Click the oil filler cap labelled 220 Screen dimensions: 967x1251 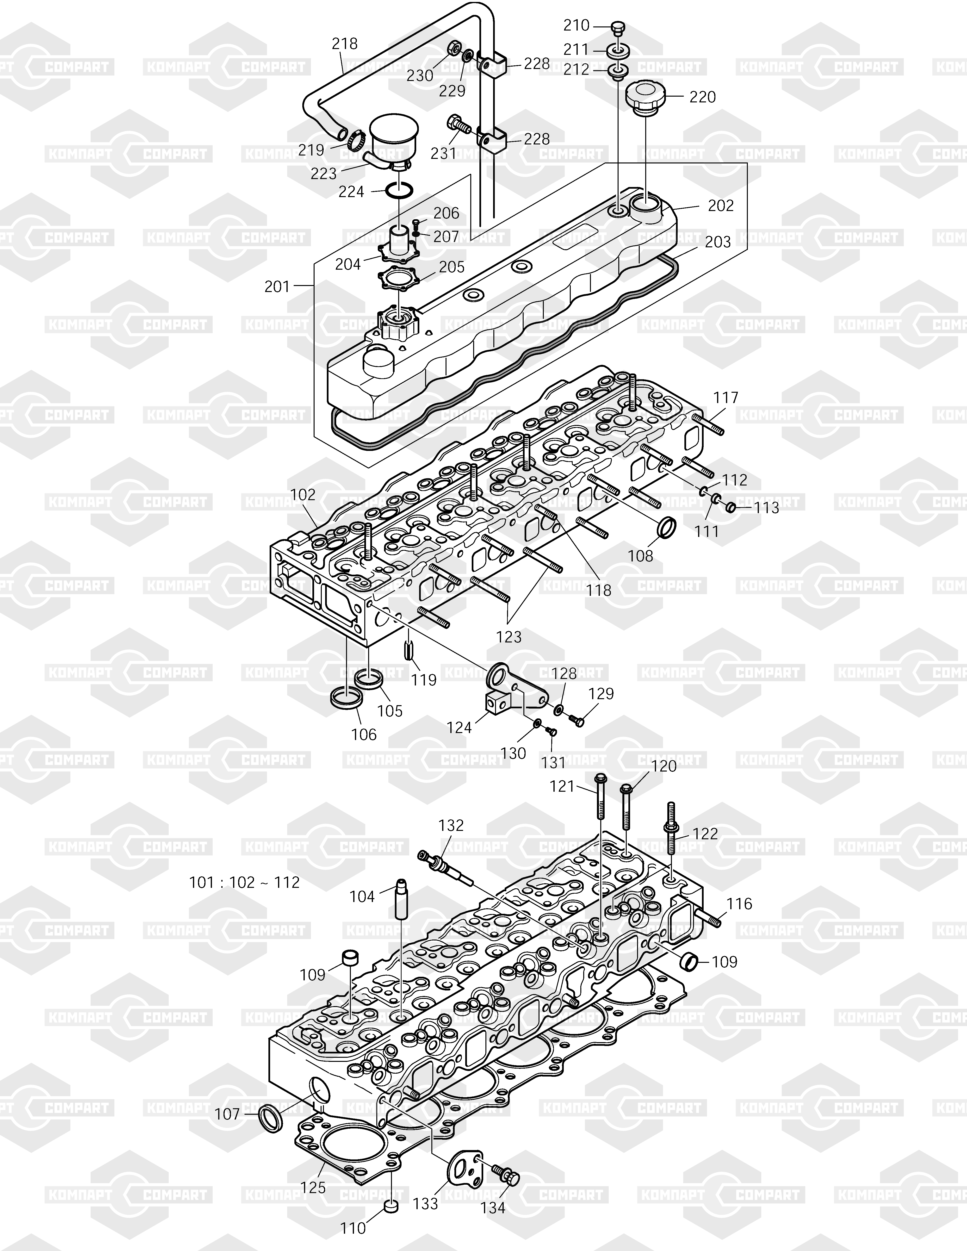645,99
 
